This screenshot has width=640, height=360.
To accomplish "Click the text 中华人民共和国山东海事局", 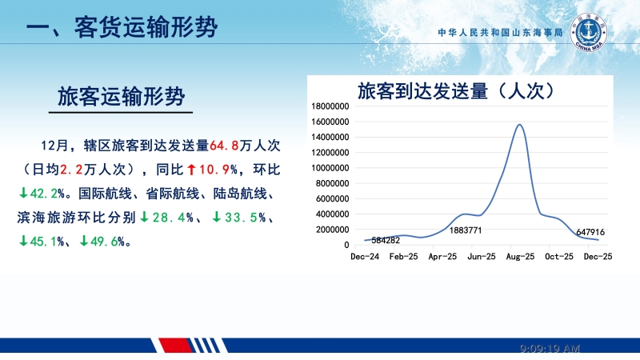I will (x=501, y=34).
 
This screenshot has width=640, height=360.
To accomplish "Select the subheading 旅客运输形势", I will (x=122, y=97).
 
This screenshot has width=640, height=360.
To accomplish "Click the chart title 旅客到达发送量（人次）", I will (x=456, y=90).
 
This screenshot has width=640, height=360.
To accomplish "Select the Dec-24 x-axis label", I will (x=364, y=257).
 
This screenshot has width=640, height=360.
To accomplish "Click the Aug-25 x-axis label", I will (x=520, y=257).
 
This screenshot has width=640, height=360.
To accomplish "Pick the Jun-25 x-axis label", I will (x=481, y=257).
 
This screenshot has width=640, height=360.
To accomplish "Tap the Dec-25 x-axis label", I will (x=598, y=257).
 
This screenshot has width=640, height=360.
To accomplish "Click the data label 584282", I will (x=386, y=240).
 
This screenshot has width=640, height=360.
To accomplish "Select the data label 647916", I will (x=590, y=232).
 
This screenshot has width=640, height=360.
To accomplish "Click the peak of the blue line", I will (x=520, y=125).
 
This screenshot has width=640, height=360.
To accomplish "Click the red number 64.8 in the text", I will (x=225, y=146).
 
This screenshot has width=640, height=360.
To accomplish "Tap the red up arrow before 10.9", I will (x=191, y=170).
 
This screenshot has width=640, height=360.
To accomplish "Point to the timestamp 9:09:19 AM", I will (x=550, y=349).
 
